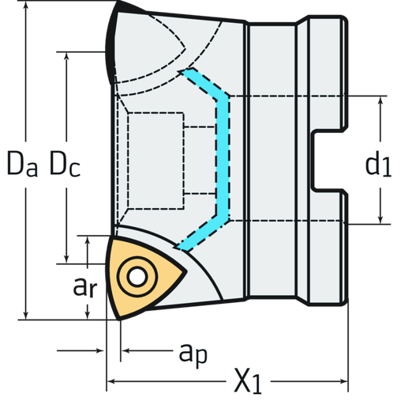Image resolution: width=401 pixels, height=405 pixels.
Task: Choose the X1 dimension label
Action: point(247,384)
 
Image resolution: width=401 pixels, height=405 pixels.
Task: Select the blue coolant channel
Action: point(223,158)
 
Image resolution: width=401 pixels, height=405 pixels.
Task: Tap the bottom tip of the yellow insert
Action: point(118,316)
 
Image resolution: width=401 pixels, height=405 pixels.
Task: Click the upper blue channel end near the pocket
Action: point(188,74)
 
